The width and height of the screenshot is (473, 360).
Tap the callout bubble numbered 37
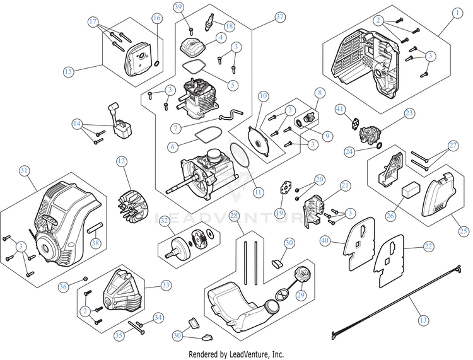(280, 17)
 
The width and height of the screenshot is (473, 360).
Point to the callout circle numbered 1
(457, 13)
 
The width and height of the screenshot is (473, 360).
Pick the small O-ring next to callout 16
(157, 64)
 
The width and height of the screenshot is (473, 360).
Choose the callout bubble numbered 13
(423, 320)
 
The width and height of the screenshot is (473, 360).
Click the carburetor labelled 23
(370, 134)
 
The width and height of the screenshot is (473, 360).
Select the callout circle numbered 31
(24, 171)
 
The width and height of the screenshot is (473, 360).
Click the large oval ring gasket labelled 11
(240, 154)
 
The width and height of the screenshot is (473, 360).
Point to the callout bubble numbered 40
(325, 241)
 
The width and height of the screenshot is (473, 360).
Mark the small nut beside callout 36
(85, 278)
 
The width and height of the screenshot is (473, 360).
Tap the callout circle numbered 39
(179, 7)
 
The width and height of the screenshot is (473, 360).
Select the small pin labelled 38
(95, 228)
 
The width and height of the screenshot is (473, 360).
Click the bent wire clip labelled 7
(231, 115)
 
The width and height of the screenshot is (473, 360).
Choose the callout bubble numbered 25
(464, 231)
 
